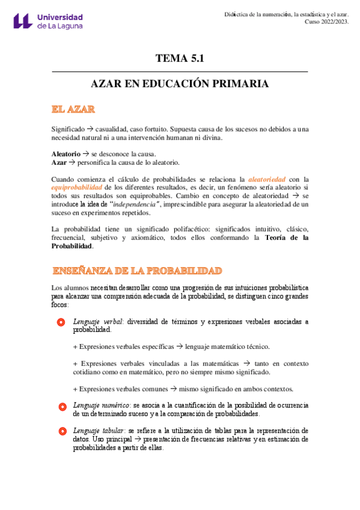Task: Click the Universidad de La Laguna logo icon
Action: pos(22,21)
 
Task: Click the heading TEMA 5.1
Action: pos(180,58)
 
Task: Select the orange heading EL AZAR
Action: pos(73,109)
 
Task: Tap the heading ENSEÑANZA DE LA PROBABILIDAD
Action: pos(137,270)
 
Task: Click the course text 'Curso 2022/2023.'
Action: pos(326,22)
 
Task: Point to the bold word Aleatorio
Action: pos(66,154)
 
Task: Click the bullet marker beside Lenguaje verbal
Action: pos(61,322)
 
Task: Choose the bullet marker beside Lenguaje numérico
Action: pos(61,407)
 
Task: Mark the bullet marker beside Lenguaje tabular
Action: pos(61,431)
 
